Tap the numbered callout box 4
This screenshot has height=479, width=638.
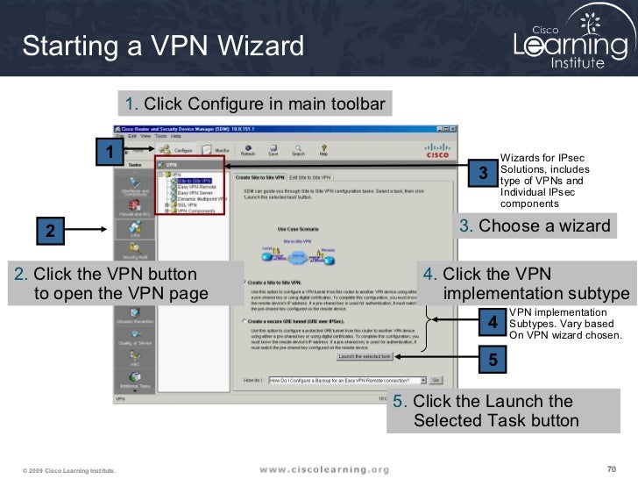(493, 323)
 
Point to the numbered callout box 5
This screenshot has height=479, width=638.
(493, 359)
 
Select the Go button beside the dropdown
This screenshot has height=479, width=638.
(436, 380)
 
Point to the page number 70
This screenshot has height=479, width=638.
(612, 467)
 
